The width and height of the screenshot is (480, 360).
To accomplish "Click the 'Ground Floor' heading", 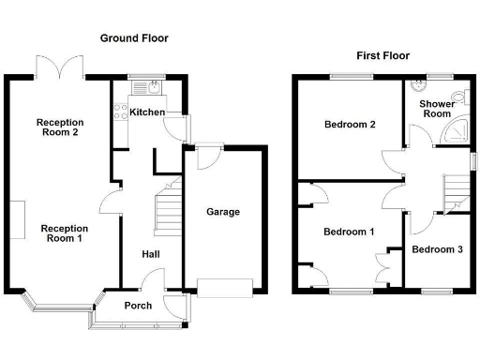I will click(x=134, y=38).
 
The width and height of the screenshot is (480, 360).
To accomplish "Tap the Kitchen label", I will click(x=147, y=112).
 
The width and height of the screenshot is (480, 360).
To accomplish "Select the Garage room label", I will click(x=223, y=212).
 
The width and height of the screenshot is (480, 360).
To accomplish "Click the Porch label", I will click(x=139, y=306).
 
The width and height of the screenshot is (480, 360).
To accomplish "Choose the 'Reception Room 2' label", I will click(x=60, y=127).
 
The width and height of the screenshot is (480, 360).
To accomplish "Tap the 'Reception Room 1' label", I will click(x=64, y=233).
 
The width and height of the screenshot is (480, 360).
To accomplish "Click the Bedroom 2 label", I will click(x=350, y=125).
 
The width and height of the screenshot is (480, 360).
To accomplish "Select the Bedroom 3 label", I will click(x=437, y=249).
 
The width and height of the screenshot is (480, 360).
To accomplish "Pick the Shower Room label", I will click(x=437, y=109).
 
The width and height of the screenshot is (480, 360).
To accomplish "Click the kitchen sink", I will click(x=153, y=89).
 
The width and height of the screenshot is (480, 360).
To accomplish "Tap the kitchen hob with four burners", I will click(x=119, y=112).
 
